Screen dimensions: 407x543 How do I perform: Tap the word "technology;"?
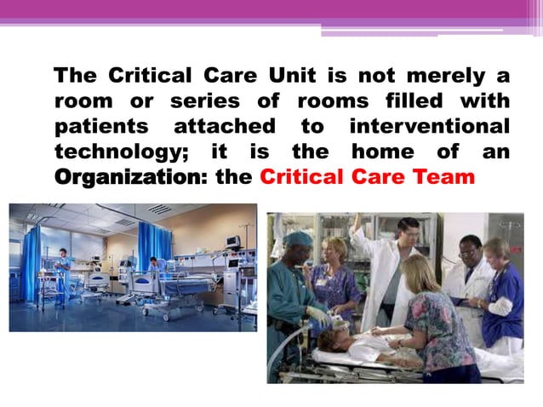pyautogui.click(x=117, y=154)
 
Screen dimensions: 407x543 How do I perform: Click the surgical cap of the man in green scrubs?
pyautogui.click(x=298, y=238)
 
